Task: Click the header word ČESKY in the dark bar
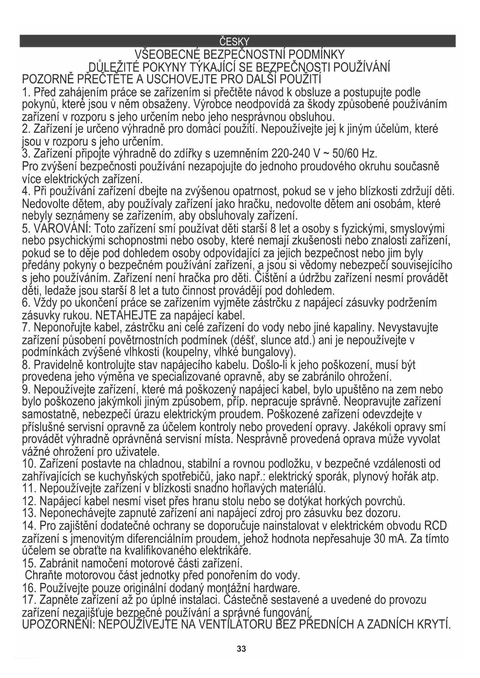tap(234, 41)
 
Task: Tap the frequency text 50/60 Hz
tap(351, 154)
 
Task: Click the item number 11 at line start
tap(29, 489)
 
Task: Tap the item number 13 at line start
tap(29, 513)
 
